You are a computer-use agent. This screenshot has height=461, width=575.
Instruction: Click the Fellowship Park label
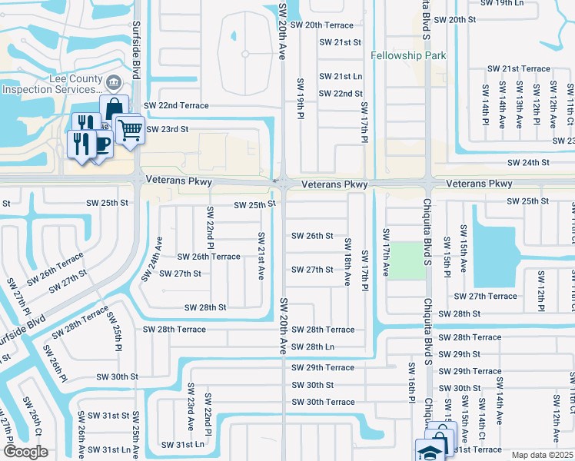408,56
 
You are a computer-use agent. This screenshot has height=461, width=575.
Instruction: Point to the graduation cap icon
429,451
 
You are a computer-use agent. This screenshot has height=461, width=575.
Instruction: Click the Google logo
25,452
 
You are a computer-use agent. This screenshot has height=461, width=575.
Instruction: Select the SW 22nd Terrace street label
177,105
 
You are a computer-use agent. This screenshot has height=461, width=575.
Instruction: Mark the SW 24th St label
529,163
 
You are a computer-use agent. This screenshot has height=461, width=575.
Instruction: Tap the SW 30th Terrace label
324,402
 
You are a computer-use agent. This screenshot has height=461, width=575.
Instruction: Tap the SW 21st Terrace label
526,69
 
